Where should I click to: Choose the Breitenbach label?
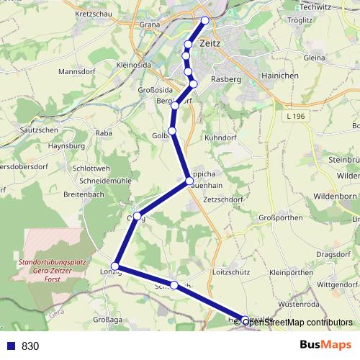[83, 194]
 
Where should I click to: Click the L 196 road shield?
[295, 116]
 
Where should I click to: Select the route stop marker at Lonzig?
[115, 266]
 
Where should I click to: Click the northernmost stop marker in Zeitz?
[205, 20]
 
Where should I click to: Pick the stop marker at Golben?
[172, 130]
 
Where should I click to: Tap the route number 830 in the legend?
[30, 346]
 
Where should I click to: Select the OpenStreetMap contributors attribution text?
[297, 322]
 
